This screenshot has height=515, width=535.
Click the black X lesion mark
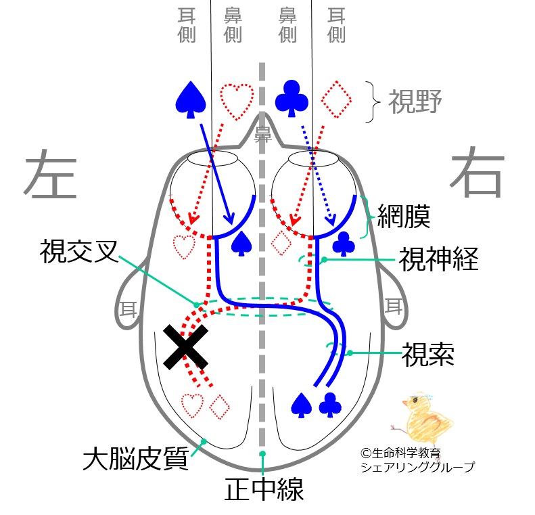185,346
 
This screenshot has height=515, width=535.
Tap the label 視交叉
79,252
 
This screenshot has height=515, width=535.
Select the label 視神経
438,259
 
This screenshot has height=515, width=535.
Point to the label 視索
428,354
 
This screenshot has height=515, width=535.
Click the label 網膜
404,217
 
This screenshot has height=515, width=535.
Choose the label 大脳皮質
136,458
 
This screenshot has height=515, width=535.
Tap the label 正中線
264,489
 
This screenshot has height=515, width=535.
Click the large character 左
51,174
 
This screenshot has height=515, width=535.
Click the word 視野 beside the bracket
415,101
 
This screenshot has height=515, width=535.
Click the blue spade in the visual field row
191,99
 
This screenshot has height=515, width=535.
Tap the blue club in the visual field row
292,99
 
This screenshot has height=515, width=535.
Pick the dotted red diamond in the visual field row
336,99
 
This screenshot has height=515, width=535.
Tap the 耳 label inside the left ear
129,310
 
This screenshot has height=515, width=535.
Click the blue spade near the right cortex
301,405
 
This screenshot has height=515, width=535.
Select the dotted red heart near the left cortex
193,406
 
